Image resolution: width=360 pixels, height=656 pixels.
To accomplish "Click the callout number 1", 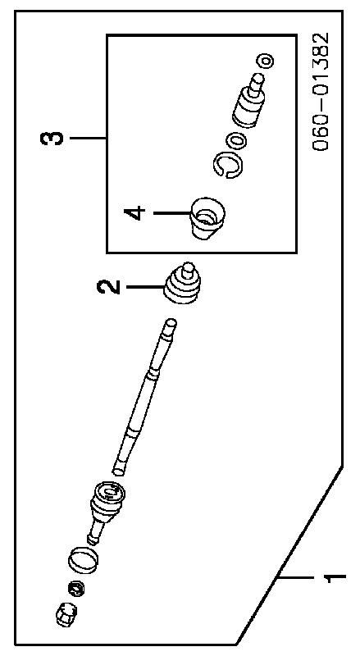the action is (x=335, y=577).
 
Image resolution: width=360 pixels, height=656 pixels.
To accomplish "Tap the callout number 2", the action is (x=107, y=287).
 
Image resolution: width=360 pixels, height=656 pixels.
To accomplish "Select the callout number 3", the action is (x=52, y=138).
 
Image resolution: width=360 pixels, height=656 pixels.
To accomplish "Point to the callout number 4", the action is (x=134, y=213).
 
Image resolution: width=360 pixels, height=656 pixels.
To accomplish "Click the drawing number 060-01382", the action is (x=321, y=92).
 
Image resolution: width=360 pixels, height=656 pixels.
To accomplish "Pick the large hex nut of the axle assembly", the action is (x=66, y=613).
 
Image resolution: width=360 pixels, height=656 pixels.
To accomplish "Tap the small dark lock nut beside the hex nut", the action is (x=76, y=590).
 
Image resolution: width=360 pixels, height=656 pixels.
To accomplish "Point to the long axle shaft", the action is (x=145, y=397).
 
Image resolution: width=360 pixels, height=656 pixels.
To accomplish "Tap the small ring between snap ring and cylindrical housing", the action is (x=239, y=139).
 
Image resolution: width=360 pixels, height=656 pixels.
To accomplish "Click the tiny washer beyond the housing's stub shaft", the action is (x=267, y=61).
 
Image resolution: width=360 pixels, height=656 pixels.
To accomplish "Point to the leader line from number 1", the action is (x=300, y=577).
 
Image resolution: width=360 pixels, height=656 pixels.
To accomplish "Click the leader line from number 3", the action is (x=88, y=138).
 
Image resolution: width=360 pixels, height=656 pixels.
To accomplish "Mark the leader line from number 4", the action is (x=172, y=213).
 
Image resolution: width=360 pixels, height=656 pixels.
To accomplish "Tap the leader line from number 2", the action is (x=145, y=287).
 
